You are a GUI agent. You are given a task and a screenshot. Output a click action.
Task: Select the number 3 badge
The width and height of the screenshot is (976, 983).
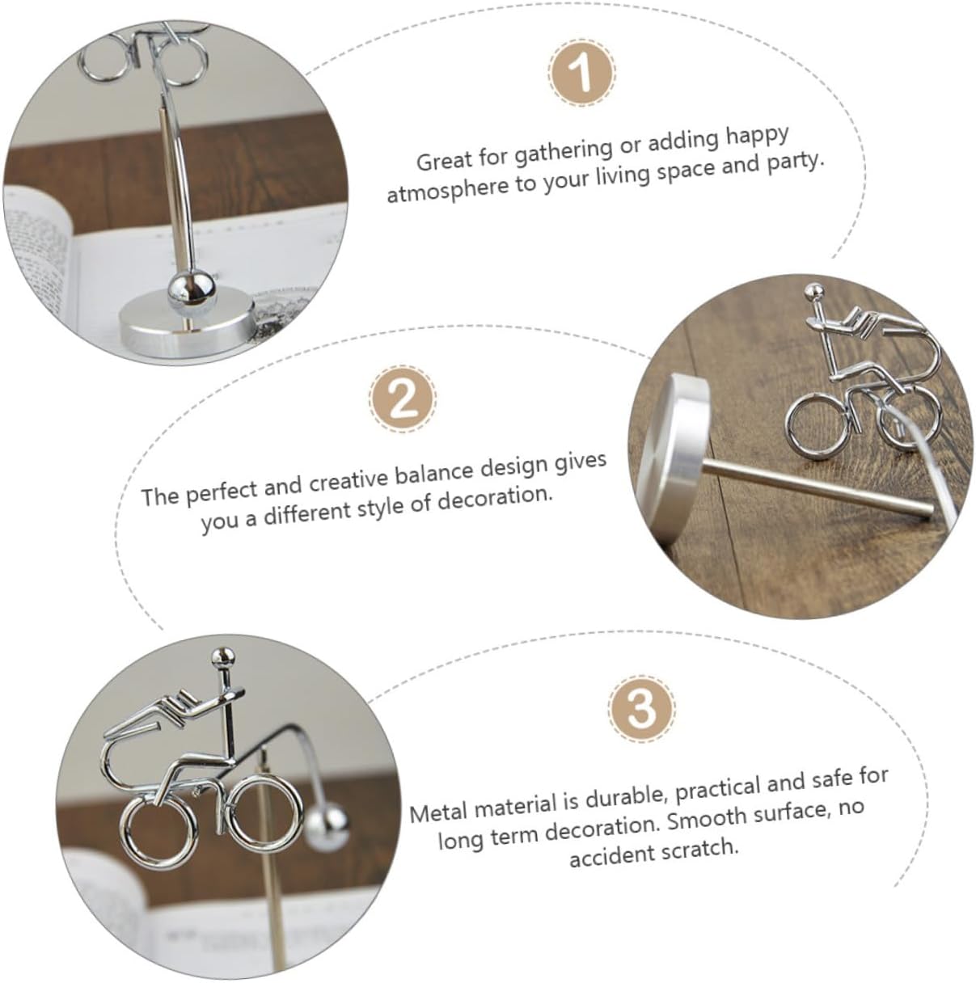(x=642, y=708)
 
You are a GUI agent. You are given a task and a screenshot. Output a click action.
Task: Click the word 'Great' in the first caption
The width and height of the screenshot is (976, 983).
(x=445, y=160)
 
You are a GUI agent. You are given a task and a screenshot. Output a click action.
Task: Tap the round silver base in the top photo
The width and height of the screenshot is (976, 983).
(x=188, y=327)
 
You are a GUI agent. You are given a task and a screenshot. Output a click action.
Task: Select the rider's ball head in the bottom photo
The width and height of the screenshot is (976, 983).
(x=223, y=656)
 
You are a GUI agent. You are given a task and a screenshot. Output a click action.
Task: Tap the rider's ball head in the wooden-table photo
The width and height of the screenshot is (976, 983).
(x=814, y=293)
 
